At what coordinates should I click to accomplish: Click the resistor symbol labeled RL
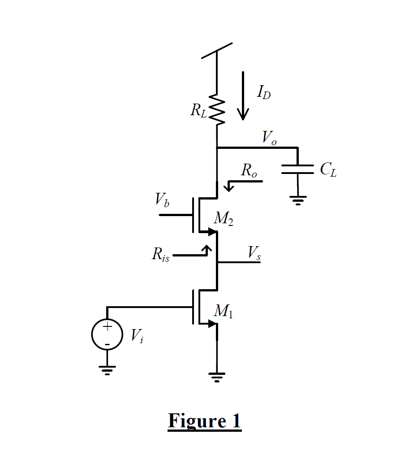click(217, 109)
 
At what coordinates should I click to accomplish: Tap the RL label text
click(198, 110)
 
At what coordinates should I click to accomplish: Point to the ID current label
click(263, 93)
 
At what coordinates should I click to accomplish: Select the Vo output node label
click(269, 138)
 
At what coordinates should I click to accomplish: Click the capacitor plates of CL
click(297, 169)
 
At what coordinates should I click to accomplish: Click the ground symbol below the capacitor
click(297, 199)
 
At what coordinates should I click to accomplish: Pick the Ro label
click(249, 170)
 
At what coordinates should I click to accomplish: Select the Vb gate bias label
click(162, 199)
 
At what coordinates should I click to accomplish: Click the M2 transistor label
click(223, 219)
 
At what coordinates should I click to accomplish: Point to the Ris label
click(160, 255)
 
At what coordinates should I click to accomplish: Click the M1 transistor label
click(223, 311)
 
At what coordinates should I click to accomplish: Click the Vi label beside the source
click(137, 335)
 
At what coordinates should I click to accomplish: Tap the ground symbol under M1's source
click(217, 377)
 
